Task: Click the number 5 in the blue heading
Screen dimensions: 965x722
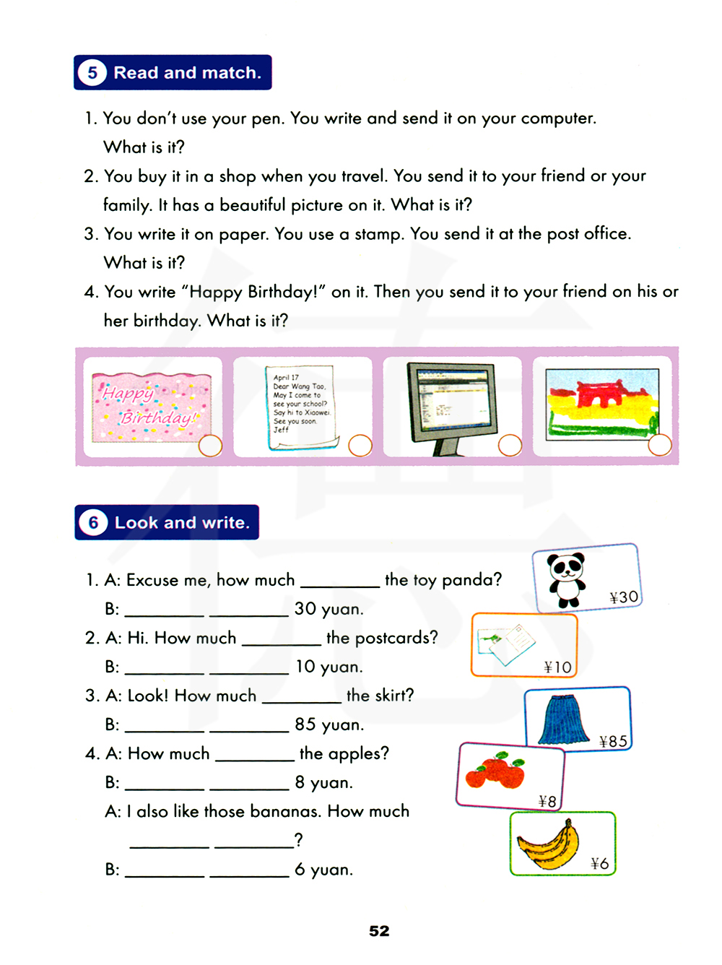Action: pyautogui.click(x=92, y=73)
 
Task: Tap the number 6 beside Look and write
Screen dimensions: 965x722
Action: pyautogui.click(x=93, y=523)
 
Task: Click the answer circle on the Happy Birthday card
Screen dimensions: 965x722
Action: pyautogui.click(x=210, y=446)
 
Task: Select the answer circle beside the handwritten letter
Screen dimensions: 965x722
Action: pyautogui.click(x=360, y=445)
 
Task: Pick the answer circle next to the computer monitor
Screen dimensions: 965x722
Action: pyautogui.click(x=510, y=445)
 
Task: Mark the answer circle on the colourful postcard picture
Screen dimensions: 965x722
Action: pyautogui.click(x=660, y=445)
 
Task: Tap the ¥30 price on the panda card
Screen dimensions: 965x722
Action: pyautogui.click(x=624, y=597)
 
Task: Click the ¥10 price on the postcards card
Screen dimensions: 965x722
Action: pyautogui.click(x=558, y=667)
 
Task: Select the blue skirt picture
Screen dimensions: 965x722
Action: pyautogui.click(x=564, y=719)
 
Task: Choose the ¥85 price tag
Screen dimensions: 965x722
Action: pyautogui.click(x=613, y=742)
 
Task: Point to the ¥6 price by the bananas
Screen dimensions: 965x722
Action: pyautogui.click(x=599, y=864)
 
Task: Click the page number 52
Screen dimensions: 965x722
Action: pyautogui.click(x=379, y=931)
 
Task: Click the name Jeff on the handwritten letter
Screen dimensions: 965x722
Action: pyautogui.click(x=281, y=430)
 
